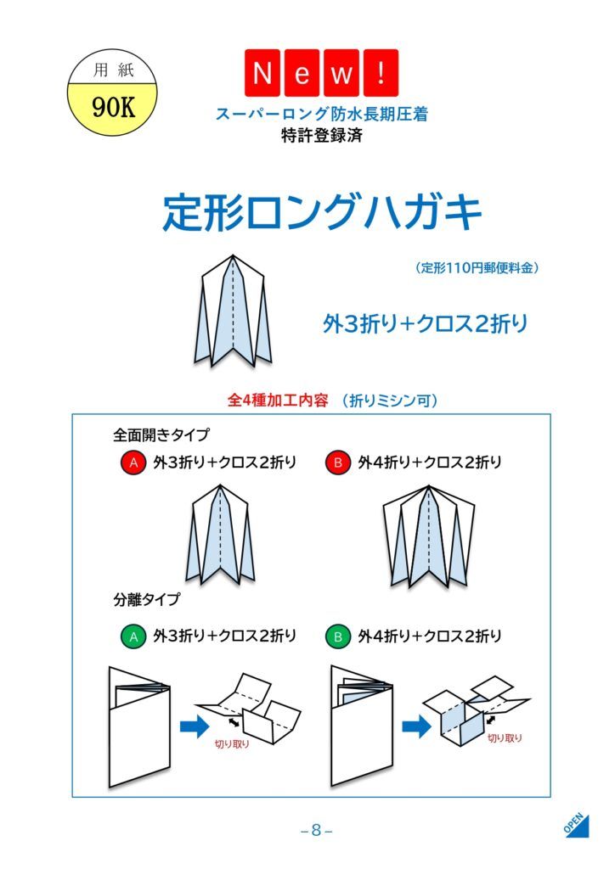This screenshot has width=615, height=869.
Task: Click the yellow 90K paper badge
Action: tap(113, 93)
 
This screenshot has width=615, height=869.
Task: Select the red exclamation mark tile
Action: tap(381, 73)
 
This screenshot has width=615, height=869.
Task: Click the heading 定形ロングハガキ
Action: tap(322, 212)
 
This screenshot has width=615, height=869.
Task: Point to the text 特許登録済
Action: tap(322, 135)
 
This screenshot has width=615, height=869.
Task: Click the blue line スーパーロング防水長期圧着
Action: tap(322, 115)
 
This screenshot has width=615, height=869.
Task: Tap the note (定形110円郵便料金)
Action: tap(477, 268)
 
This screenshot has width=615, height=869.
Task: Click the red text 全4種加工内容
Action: tap(277, 400)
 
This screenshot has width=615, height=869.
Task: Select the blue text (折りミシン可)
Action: tap(389, 401)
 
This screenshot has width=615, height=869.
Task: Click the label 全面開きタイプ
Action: tap(161, 434)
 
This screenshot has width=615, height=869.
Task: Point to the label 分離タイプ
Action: tap(147, 600)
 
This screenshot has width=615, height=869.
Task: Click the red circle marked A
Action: tap(133, 463)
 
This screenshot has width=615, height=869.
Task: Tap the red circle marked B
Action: tap(338, 463)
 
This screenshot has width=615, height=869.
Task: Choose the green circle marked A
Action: tap(133, 636)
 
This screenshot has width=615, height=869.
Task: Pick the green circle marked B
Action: tap(338, 636)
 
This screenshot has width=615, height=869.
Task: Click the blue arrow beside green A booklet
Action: tap(195, 726)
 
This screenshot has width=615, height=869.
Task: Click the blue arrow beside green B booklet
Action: tap(416, 726)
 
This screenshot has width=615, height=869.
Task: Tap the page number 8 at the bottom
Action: tap(316, 830)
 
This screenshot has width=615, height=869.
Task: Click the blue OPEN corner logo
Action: tap(577, 825)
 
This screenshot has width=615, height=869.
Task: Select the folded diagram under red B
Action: tap(429, 536)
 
